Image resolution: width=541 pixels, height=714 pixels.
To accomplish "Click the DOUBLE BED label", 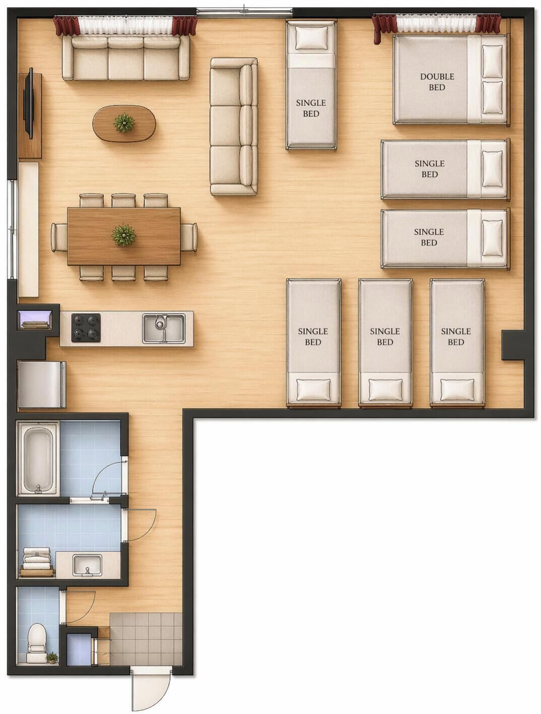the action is pos(437,82).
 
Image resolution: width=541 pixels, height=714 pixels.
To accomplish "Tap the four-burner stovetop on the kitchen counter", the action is pos(86,328).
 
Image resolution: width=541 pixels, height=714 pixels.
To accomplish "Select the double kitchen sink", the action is pos(164,328).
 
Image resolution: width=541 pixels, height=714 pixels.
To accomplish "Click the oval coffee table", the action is pos(124,123).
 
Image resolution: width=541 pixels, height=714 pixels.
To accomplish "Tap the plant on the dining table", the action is pos(123,235).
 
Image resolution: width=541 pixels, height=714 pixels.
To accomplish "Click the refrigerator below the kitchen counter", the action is pos(42,384).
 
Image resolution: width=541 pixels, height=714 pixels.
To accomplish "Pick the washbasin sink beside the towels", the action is pos(87,565).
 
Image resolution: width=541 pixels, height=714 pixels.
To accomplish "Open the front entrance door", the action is pos(151,687).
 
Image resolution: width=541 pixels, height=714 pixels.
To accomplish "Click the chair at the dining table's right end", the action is pos(189,237).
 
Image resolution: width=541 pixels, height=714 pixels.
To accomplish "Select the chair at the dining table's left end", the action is pos(59,237).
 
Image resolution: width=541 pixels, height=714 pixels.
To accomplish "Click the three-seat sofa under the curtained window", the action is pos(126,57).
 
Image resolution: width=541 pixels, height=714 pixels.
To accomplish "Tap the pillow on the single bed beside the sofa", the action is pos(311,37).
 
